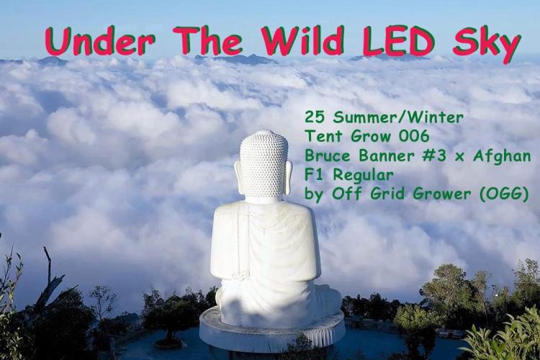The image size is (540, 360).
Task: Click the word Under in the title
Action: click(99, 42)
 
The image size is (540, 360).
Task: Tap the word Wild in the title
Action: click(304, 41)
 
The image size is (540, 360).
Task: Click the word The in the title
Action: click(209, 41)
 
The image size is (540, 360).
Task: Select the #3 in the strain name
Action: click(437, 156)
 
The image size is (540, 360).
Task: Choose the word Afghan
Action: click(502, 156)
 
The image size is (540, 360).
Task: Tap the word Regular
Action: click(364, 176)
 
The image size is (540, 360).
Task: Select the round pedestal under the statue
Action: click(272, 330)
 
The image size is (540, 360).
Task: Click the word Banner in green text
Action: click(387, 156)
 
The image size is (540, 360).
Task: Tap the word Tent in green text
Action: click(324, 137)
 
